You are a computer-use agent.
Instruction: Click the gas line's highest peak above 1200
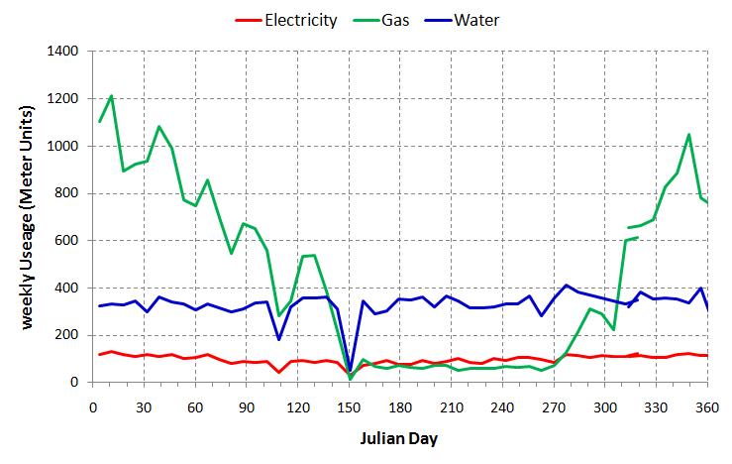pos(111,96)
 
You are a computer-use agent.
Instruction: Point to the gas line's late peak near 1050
pos(688,135)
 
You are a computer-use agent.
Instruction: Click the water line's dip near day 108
pos(278,339)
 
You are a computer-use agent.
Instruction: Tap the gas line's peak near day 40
pos(158,127)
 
